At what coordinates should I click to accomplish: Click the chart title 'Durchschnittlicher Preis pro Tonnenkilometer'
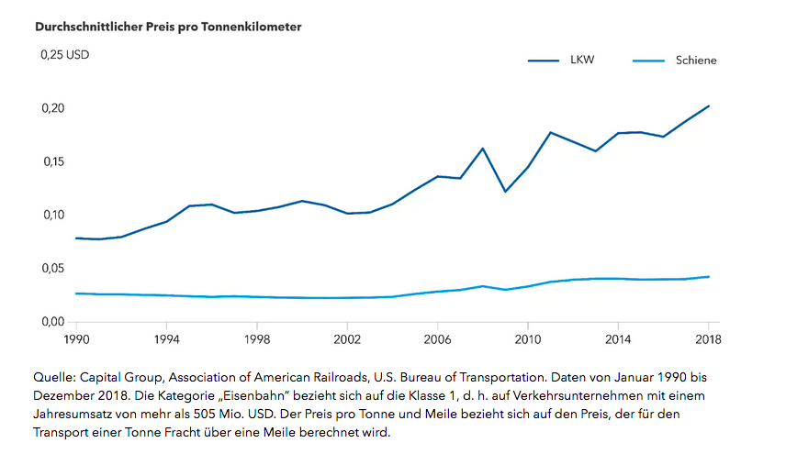168,27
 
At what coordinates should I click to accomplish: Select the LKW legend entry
581,61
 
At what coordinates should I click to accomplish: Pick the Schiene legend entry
696,61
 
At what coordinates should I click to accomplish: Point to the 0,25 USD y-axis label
63,55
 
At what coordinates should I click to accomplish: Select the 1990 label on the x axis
76,339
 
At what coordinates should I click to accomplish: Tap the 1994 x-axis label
166,339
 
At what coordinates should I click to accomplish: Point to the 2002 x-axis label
347,339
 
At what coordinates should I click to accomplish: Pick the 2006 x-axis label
437,339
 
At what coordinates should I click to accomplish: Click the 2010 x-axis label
527,339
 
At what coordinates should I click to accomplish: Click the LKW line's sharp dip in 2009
505,192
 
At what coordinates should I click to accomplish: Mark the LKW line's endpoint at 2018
708,106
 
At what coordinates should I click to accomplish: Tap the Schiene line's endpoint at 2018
708,277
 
